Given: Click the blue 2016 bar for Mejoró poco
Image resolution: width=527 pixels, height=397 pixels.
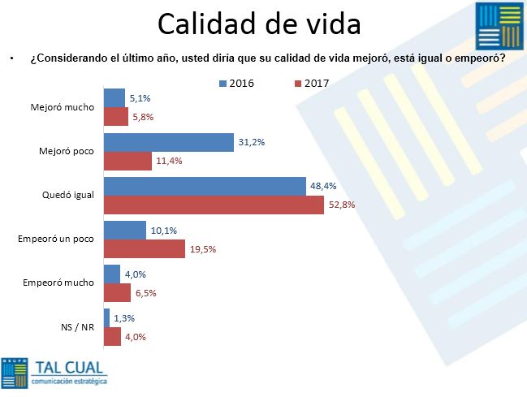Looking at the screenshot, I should click(x=168, y=142).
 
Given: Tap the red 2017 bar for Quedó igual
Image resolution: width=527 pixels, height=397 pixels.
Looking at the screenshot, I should click(x=214, y=204).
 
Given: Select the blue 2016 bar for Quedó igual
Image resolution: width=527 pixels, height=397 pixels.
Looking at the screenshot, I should click(x=204, y=186).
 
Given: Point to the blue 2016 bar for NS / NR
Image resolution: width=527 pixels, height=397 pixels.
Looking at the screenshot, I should click(x=106, y=318).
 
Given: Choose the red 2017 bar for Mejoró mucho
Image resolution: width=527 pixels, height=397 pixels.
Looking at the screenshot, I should click(x=115, y=117).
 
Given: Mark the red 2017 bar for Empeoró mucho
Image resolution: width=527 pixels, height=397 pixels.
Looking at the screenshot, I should click(x=117, y=292).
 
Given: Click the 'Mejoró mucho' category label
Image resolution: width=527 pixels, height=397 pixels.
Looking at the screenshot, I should click(x=62, y=107).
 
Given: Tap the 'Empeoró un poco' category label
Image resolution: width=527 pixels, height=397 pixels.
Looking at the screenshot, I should click(x=56, y=239).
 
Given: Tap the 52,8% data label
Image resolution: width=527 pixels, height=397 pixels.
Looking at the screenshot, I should click(x=343, y=204).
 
